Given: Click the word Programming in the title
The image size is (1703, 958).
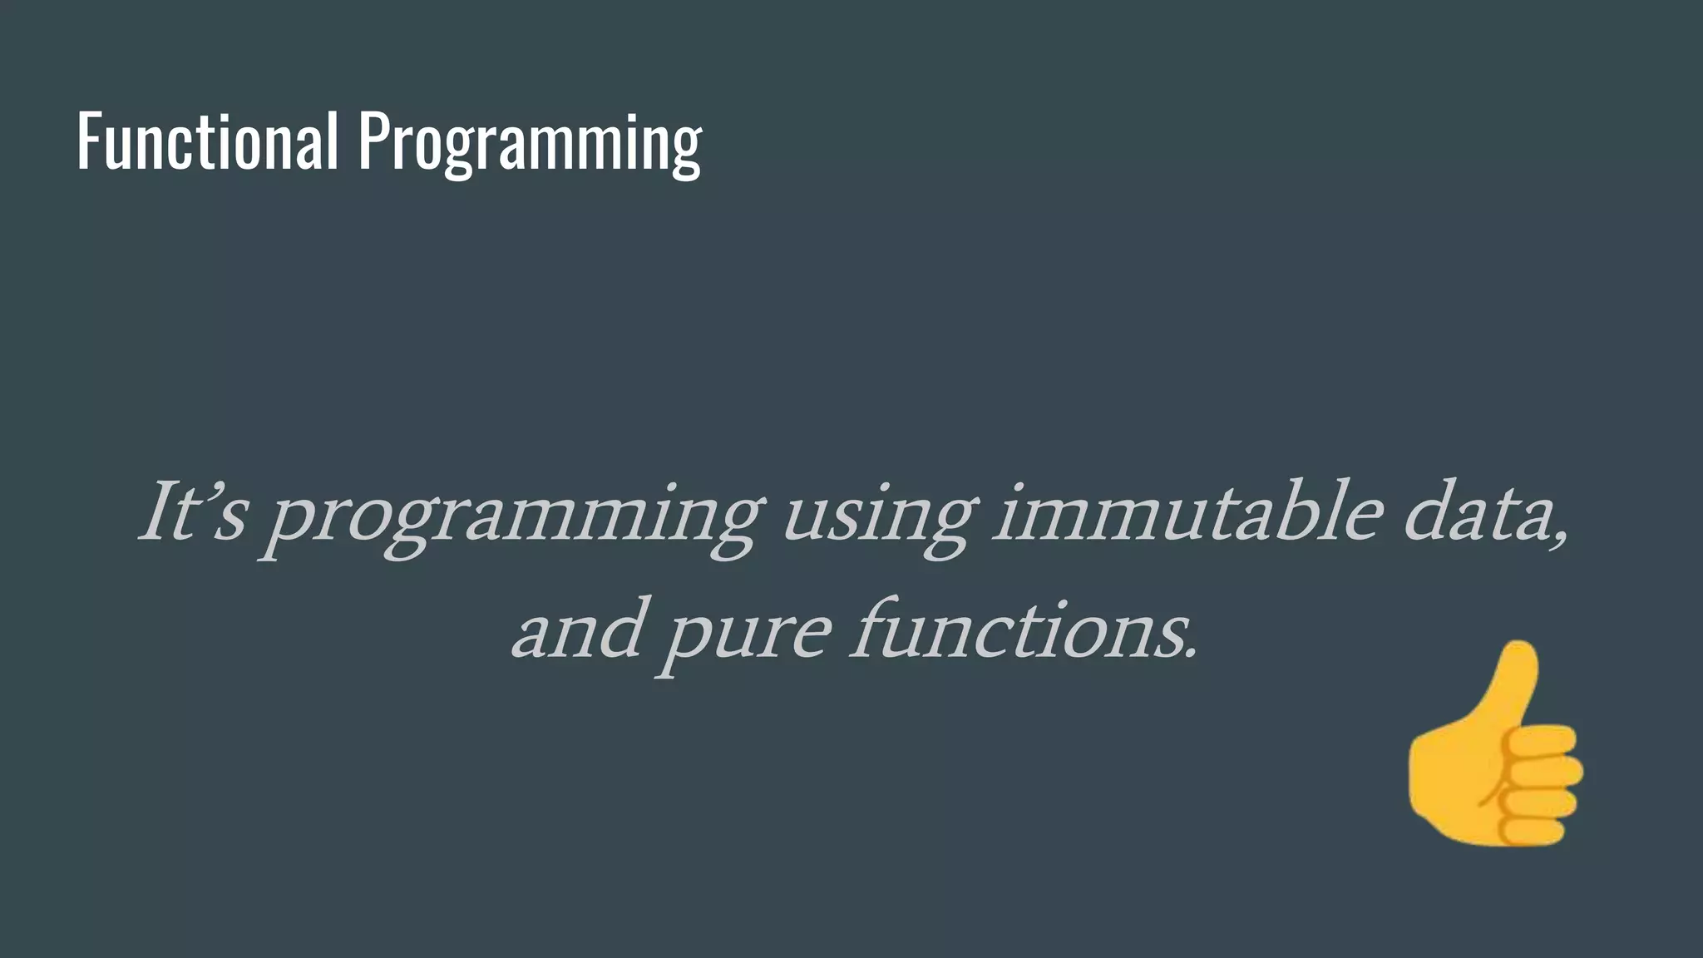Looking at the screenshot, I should (530, 143).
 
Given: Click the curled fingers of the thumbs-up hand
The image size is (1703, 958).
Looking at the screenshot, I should (1543, 786).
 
